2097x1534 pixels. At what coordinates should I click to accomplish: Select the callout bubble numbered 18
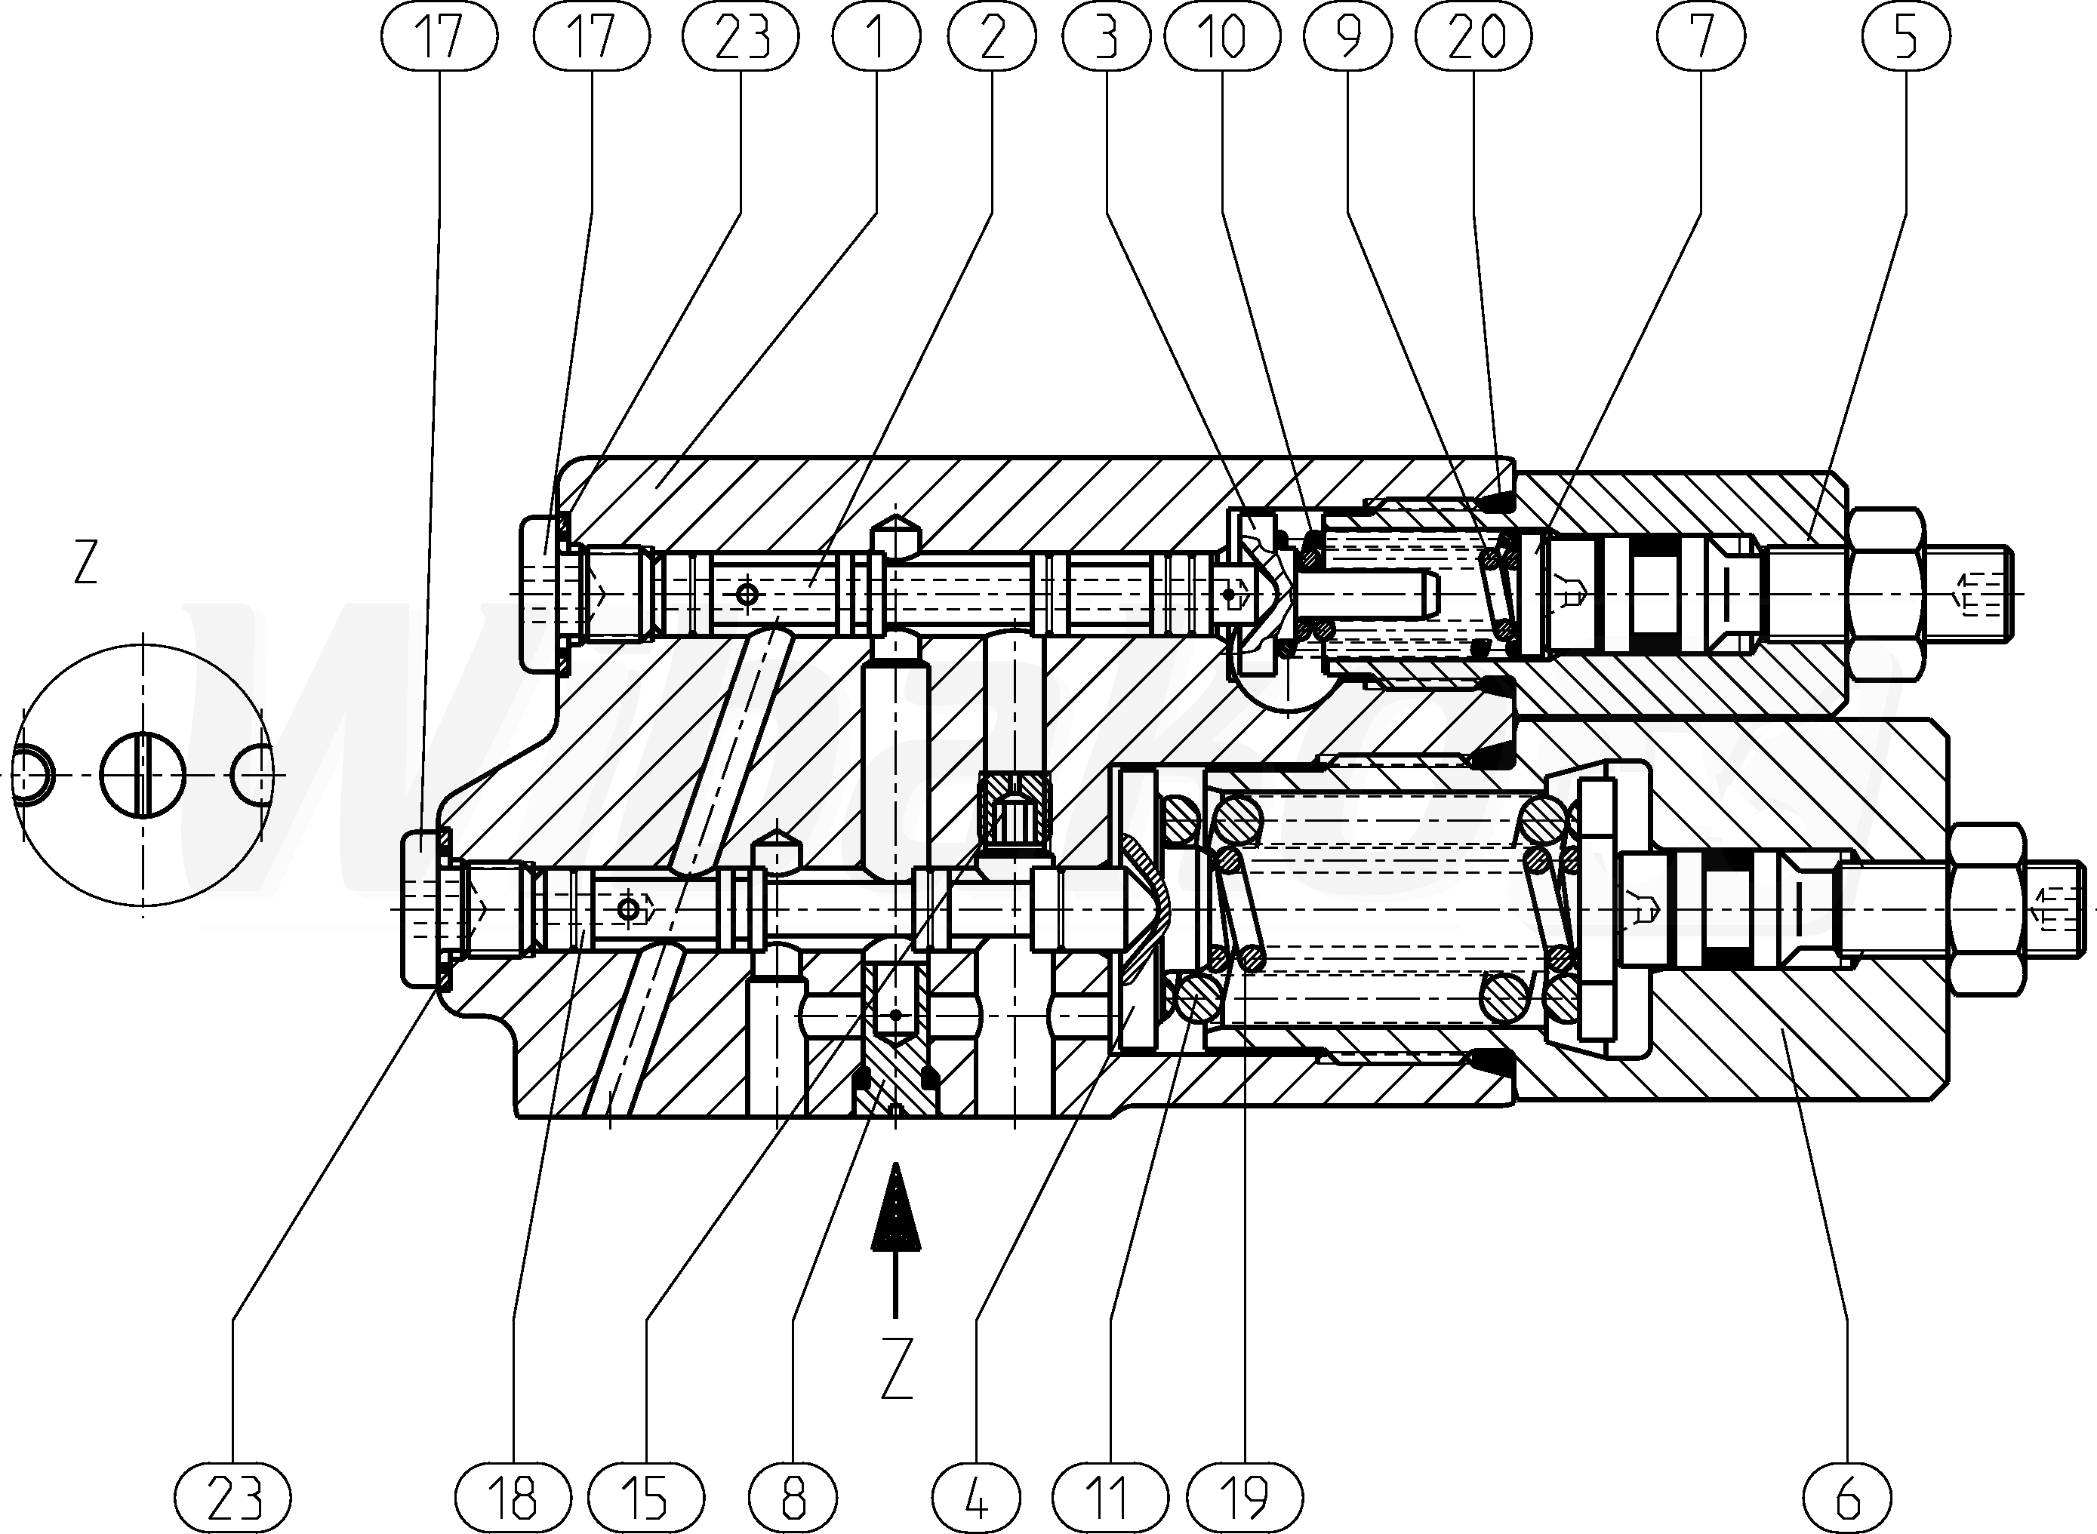coord(513,1497)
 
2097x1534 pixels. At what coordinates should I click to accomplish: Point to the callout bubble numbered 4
coord(975,1497)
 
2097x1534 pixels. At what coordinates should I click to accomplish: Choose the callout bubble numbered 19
coord(1246,1497)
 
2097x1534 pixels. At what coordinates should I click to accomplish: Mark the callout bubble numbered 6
coord(1847,1497)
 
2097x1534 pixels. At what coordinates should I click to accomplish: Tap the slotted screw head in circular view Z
coord(143,776)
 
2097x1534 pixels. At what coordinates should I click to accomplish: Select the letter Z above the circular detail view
coord(85,563)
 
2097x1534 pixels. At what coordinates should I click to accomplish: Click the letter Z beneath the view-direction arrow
coord(896,1369)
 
